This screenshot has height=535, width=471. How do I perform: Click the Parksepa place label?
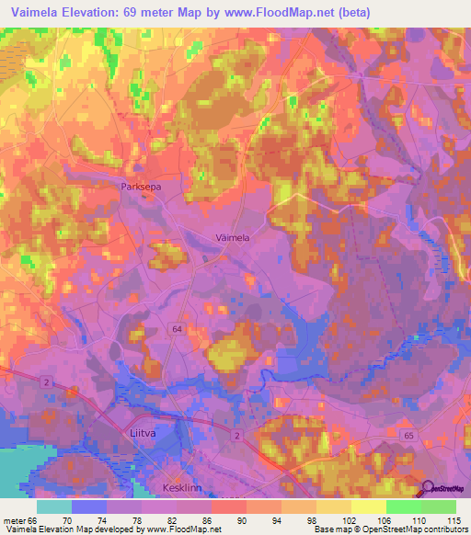pos(140,186)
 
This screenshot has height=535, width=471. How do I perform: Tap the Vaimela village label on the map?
pos(232,236)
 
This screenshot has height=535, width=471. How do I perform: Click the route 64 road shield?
pos(176,328)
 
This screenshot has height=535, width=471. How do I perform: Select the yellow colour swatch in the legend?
pos(368,506)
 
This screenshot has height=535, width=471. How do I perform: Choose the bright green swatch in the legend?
pos(403,506)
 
